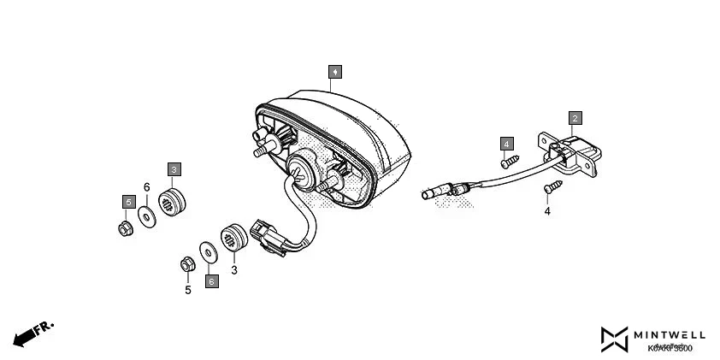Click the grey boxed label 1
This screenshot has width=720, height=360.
coord(336,71)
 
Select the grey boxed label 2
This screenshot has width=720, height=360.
coord(575,117)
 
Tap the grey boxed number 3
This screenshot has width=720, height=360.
coord(174,169)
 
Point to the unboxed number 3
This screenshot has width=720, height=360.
coord(233,269)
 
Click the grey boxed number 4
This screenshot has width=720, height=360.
coord(507,143)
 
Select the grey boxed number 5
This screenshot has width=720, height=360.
coord(128,202)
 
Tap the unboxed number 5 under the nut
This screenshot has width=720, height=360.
coord(188,290)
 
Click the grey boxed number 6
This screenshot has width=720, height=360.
coord(210,280)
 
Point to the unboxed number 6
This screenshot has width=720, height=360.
coord(146,187)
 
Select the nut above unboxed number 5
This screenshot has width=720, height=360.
coord(185,264)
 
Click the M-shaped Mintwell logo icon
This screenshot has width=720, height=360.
coord(614,339)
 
